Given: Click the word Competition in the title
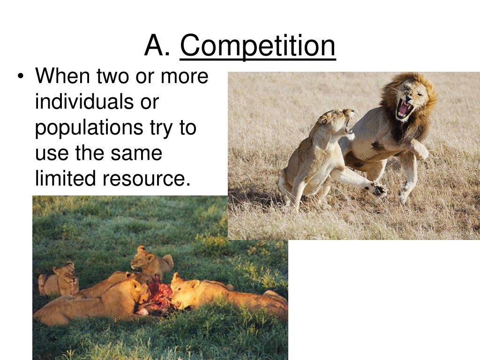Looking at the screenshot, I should tap(258, 46).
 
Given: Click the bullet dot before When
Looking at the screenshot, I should tap(22, 77).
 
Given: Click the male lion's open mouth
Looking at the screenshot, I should tap(404, 109).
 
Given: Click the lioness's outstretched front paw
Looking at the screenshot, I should tap(378, 189).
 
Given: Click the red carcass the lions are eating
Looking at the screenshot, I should tap(157, 297).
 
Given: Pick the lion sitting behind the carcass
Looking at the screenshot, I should tap(151, 262).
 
